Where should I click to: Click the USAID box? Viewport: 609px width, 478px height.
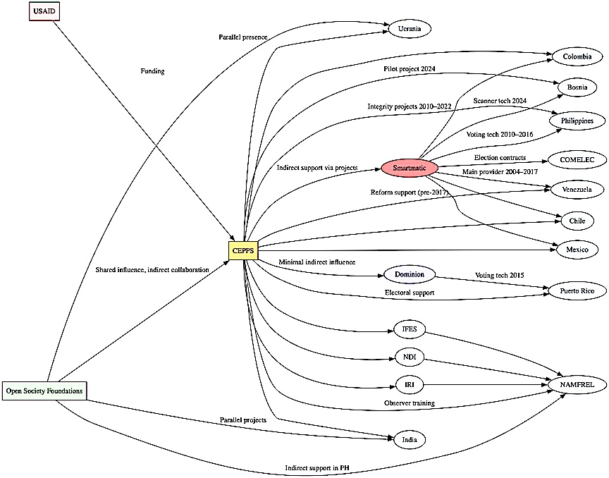tap(44, 11)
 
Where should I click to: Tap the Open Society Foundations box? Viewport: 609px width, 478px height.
tap(44, 390)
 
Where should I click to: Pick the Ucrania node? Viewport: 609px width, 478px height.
tap(410, 29)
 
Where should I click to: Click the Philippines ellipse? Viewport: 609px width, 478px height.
tap(577, 121)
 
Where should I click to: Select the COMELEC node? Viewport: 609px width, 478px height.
tap(577, 160)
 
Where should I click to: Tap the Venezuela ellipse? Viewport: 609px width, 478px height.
tap(577, 189)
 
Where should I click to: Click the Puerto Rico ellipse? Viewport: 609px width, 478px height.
tap(577, 290)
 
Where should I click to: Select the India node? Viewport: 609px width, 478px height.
tap(410, 439)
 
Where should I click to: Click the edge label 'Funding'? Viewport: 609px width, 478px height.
tap(152, 71)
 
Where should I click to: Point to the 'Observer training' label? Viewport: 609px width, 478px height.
tap(409, 403)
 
